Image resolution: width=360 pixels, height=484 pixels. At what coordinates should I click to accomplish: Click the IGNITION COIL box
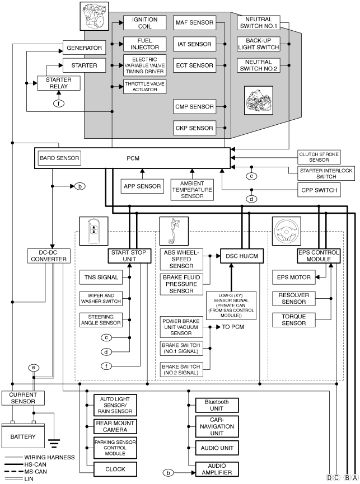click(x=144, y=23)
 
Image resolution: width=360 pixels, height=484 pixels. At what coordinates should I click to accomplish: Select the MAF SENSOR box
click(x=194, y=22)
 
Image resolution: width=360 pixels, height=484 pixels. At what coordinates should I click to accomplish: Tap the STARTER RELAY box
click(x=59, y=83)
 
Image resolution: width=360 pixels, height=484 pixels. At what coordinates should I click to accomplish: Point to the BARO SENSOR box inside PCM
click(x=59, y=158)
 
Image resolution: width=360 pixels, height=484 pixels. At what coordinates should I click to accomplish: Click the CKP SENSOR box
click(x=194, y=128)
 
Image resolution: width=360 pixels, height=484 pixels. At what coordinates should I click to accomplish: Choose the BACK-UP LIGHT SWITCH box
click(x=259, y=44)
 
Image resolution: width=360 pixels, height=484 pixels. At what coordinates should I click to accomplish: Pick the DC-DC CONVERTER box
click(x=49, y=256)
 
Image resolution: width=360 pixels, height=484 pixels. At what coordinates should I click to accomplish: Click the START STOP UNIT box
click(x=129, y=256)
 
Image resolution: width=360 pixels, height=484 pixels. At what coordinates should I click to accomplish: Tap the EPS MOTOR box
click(x=293, y=277)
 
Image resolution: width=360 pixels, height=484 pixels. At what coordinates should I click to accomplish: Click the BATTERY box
click(x=23, y=435)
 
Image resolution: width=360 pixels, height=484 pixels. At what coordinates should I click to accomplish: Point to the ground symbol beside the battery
click(x=54, y=443)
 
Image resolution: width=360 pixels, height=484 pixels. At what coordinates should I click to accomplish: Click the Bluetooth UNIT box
click(x=217, y=405)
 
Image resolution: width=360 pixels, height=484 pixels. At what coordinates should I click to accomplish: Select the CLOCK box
click(x=115, y=469)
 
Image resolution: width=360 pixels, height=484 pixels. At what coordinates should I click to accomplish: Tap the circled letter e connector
click(x=34, y=368)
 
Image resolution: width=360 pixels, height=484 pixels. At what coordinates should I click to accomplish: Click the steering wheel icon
click(x=286, y=231)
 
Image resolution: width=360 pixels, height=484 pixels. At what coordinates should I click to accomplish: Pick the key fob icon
click(x=94, y=231)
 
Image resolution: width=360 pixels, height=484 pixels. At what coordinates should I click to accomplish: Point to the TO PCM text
click(x=233, y=327)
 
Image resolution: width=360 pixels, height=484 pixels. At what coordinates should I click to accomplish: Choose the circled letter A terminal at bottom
click(x=355, y=478)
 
